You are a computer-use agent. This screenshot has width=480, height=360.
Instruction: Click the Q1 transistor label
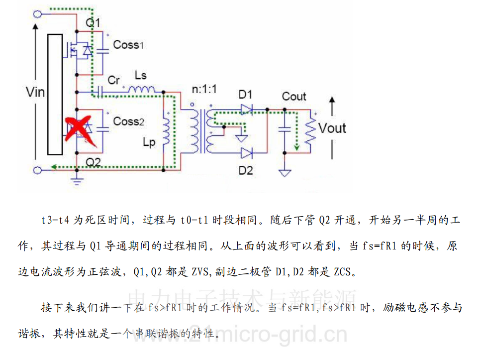(93, 23)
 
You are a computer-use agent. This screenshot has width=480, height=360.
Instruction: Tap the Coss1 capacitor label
(128, 45)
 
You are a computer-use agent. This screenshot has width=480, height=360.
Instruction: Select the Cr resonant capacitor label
(114, 80)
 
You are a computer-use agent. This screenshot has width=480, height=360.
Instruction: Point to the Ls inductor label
(141, 75)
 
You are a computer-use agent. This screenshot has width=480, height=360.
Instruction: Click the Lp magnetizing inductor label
(149, 142)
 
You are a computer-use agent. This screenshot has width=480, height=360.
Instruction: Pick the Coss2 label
(128, 121)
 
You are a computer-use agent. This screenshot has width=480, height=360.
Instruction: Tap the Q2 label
(93, 162)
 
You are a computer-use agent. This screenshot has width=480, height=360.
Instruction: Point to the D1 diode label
(245, 94)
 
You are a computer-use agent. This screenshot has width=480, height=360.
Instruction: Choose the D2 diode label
(245, 171)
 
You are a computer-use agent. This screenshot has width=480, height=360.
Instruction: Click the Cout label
(294, 96)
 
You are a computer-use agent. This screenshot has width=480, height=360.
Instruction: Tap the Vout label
(332, 128)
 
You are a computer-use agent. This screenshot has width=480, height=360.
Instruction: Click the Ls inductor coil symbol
(142, 90)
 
